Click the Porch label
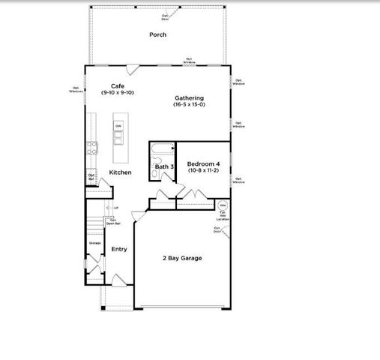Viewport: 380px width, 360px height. pos(157,34)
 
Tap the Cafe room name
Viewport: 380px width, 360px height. pos(117,85)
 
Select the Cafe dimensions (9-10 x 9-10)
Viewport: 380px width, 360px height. pos(117,92)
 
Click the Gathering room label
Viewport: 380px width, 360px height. pos(189,97)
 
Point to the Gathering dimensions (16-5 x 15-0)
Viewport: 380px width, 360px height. pos(189,104)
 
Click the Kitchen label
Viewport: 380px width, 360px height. pos(120,172)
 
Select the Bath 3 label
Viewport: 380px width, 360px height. pos(165,166)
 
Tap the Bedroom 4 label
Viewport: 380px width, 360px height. pos(203,163)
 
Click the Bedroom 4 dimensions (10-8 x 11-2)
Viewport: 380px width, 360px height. pos(203,170)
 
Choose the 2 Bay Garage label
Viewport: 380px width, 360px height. pos(182,258)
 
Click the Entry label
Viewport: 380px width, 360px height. pos(119,249)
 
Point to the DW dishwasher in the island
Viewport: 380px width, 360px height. pos(118,125)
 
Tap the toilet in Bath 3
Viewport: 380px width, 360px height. pos(154,175)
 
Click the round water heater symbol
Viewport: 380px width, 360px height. pos(223,205)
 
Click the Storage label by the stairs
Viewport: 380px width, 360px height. pos(95,243)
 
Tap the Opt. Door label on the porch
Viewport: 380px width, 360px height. pos(165,16)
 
